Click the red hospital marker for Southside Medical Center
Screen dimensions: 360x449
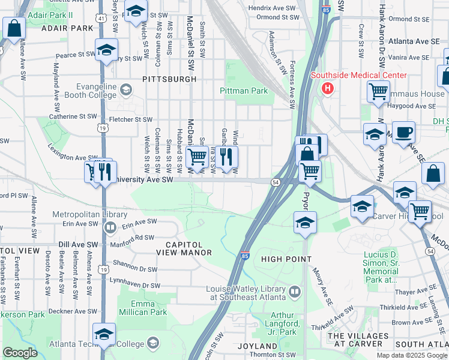(327, 89)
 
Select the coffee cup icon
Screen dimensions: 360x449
(403, 132)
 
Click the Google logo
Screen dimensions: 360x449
(20, 352)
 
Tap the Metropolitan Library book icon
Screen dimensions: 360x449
(110, 227)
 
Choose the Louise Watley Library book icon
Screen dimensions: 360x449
(295, 292)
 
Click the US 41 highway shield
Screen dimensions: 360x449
(103, 19)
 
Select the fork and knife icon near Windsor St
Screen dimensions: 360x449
(227, 157)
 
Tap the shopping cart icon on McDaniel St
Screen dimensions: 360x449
(197, 157)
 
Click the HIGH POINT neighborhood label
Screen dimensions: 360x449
(286, 259)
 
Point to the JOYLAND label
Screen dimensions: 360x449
(258, 346)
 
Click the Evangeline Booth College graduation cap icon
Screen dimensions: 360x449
(125, 90)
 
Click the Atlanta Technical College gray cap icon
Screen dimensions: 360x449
(153, 343)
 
